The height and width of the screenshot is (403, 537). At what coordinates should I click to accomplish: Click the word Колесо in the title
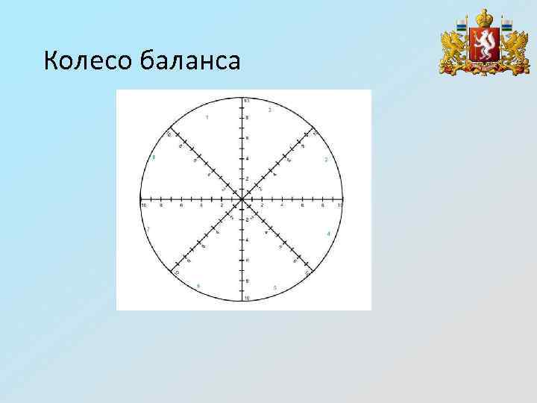tap(88, 60)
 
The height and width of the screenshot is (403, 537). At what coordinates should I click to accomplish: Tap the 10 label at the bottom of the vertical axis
tap(247, 299)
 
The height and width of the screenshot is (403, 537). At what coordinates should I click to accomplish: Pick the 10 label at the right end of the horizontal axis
tap(340, 204)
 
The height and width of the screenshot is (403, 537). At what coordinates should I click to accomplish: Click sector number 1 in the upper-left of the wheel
tap(207, 118)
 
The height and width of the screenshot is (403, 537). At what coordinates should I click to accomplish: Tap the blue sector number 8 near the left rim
tap(154, 157)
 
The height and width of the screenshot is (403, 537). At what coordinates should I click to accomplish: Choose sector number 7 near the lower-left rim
tap(149, 228)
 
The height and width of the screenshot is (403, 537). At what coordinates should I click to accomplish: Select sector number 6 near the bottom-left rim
tap(198, 286)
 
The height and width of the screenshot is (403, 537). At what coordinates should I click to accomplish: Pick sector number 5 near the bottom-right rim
tap(275, 287)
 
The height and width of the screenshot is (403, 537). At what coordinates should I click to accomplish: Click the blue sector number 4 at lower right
tap(328, 234)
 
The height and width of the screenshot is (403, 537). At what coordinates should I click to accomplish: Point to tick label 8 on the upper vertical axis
tap(248, 118)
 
